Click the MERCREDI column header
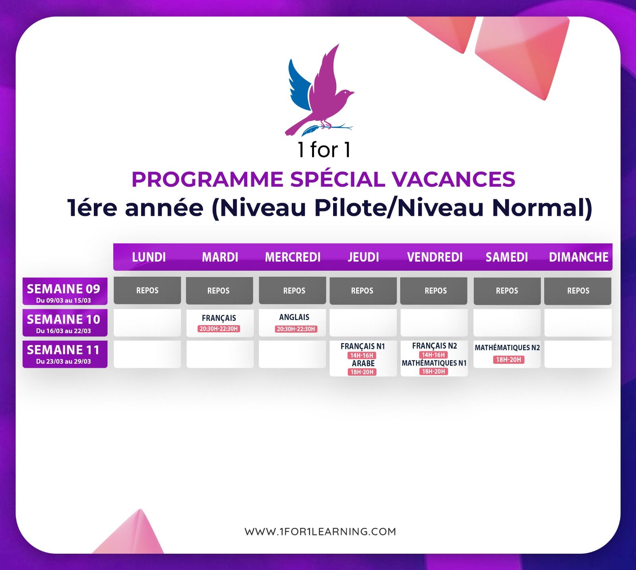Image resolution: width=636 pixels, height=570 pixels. pos(293,257)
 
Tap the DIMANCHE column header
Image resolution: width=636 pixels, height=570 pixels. pos(578,257)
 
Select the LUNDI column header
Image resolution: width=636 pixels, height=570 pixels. pos(149,257)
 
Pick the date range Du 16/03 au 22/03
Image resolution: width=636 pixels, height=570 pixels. pos(64,331)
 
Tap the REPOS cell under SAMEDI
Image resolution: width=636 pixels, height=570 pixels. pos(507,291)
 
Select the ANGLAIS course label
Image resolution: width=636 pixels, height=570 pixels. pos(294,317)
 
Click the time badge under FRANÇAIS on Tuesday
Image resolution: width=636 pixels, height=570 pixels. pos(219,329)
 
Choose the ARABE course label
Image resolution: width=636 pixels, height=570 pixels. pos(363,363)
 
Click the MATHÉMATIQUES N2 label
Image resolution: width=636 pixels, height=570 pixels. pos(507,347)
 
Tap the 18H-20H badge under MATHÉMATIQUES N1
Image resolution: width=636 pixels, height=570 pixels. pos(433,371)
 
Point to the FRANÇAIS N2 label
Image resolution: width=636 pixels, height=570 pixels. pos(434,346)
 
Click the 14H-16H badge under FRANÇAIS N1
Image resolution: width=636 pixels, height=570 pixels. pos(362,355)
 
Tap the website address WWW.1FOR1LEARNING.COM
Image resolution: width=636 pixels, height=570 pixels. pos(320,531)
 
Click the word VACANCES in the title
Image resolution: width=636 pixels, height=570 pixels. pos(454,179)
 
